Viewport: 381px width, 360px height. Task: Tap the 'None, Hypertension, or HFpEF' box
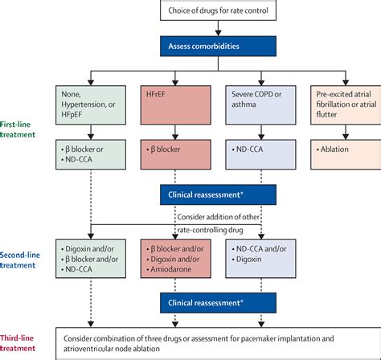pyautogui.click(x=91, y=106)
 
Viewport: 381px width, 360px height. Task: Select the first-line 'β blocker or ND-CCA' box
pyautogui.click(x=91, y=155)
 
